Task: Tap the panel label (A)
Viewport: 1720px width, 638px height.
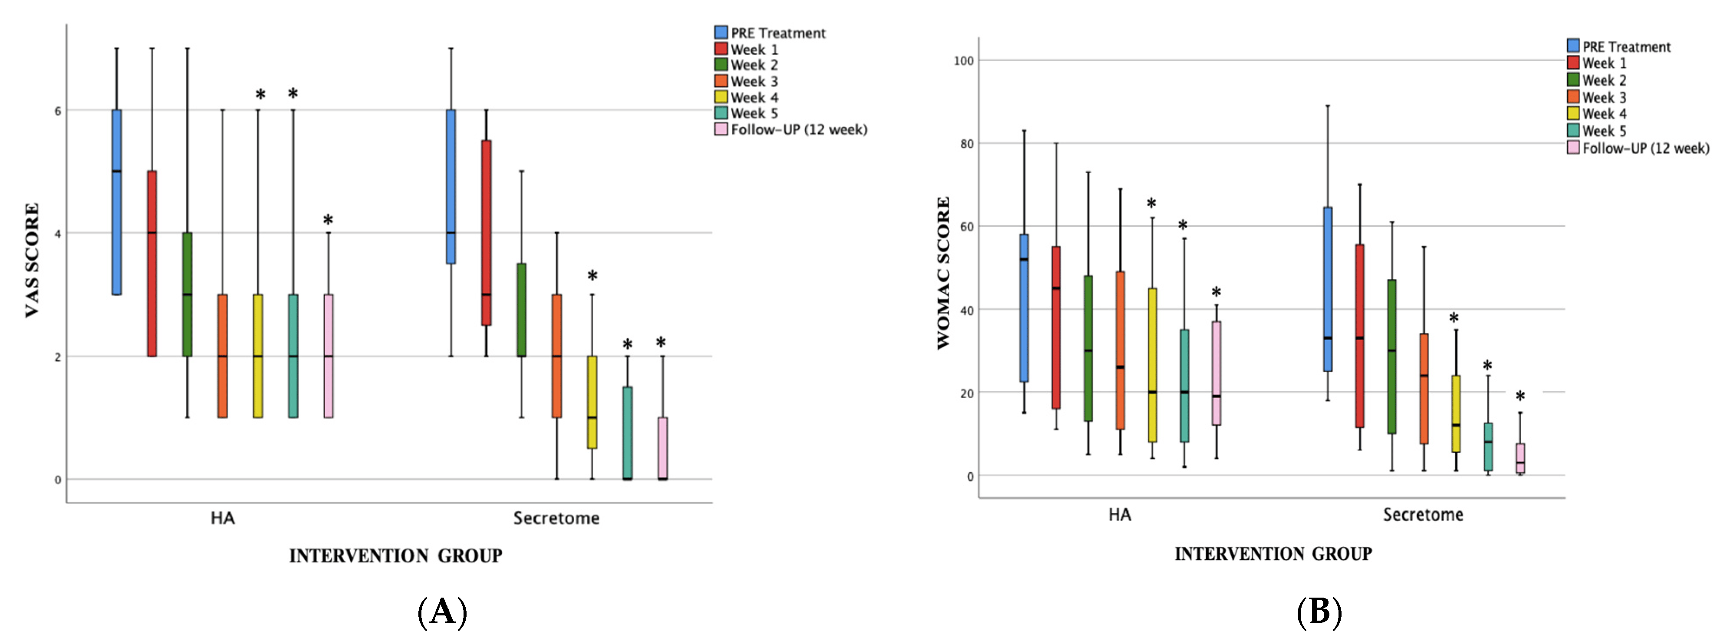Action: (442, 611)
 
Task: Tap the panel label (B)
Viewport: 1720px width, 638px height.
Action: (1319, 611)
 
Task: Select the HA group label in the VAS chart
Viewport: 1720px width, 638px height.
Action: (222, 519)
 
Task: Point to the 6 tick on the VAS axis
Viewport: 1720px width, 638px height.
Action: (57, 111)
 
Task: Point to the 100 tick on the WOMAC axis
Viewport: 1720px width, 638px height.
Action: (964, 61)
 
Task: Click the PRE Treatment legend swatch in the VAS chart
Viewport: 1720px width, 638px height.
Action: (720, 32)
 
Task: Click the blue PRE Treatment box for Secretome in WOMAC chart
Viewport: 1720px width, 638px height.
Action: (1327, 289)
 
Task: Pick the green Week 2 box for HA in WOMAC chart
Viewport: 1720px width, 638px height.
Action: (1089, 347)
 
